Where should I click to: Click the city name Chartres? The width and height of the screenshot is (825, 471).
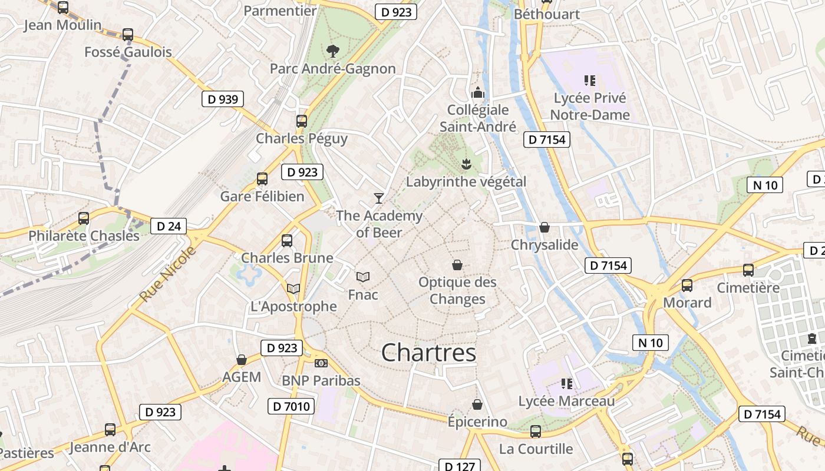(428, 353)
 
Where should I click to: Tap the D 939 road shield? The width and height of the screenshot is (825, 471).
(223, 99)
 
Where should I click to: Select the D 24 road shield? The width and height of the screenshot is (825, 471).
(169, 226)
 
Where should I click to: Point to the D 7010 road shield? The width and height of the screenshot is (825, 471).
(291, 406)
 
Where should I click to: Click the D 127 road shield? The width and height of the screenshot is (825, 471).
(460, 466)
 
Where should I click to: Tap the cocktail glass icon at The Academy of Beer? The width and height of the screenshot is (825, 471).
(378, 198)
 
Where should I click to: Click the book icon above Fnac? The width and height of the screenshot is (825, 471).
(363, 277)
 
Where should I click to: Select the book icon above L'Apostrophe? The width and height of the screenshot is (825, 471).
(293, 288)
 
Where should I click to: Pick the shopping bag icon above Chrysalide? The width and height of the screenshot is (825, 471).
(544, 227)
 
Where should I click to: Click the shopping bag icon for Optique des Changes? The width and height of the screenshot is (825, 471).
(457, 265)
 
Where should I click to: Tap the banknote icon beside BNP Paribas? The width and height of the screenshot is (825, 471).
(321, 363)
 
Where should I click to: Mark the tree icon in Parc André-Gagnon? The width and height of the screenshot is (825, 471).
(333, 51)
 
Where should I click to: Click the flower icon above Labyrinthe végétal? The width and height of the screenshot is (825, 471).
(466, 163)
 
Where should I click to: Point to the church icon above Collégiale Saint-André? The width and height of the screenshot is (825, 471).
(478, 92)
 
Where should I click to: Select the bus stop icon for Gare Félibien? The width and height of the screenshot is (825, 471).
(262, 179)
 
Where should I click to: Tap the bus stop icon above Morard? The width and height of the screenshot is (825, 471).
(687, 286)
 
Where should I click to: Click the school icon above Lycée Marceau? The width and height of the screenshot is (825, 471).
(567, 384)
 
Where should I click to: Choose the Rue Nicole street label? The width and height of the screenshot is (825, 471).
(169, 275)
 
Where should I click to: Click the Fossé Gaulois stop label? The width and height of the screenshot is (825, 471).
(128, 52)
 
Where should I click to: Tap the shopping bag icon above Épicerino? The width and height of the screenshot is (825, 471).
(477, 404)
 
